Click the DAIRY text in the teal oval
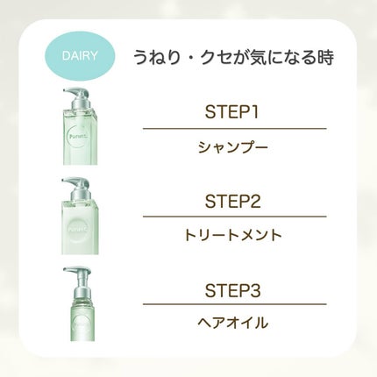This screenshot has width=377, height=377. [80, 55]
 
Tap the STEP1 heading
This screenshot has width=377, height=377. [232, 112]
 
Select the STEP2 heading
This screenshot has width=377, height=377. [232, 201]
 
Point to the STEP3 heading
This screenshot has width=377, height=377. [232, 290]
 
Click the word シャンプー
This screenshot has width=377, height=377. [233, 147]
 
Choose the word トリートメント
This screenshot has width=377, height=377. [233, 235]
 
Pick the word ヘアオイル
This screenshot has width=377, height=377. [232, 323]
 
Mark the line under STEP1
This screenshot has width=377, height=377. [234, 128]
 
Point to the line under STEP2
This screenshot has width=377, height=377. [234, 217]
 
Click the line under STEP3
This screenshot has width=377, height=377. [234, 304]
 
